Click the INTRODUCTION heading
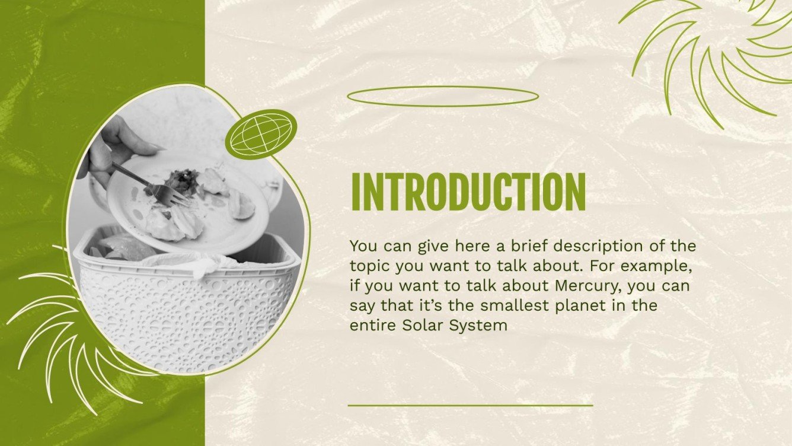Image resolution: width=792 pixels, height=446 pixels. [468, 192]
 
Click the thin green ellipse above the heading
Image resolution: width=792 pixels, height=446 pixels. [443, 96]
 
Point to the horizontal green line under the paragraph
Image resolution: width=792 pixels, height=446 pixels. [470, 406]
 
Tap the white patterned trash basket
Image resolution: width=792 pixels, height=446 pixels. [184, 302]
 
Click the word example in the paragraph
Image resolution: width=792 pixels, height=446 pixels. [658, 265]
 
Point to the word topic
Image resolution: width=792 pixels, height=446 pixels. [368, 265]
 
